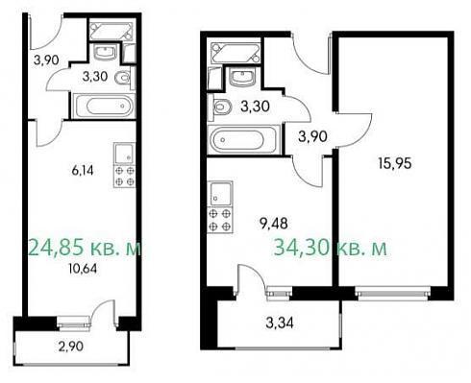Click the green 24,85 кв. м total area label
tap(85, 249)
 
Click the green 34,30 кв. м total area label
tap(331, 248)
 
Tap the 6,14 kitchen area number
tap(83, 171)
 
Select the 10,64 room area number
tap(83, 269)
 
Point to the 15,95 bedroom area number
tap(395, 163)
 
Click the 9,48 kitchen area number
tap(273, 224)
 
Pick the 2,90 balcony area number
tap(71, 347)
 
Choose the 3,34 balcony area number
tap(280, 323)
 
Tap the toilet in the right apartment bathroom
tap(221, 107)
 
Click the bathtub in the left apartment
tap(104, 106)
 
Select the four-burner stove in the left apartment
tap(125, 177)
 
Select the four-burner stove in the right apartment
tap(220, 220)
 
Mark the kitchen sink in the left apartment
tap(125, 154)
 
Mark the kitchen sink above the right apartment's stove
tap(220, 194)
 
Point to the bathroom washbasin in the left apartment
tap(106, 52)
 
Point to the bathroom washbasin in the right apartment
tap(242, 78)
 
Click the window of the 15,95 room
tap(393, 294)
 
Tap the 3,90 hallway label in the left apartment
tap(46, 60)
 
